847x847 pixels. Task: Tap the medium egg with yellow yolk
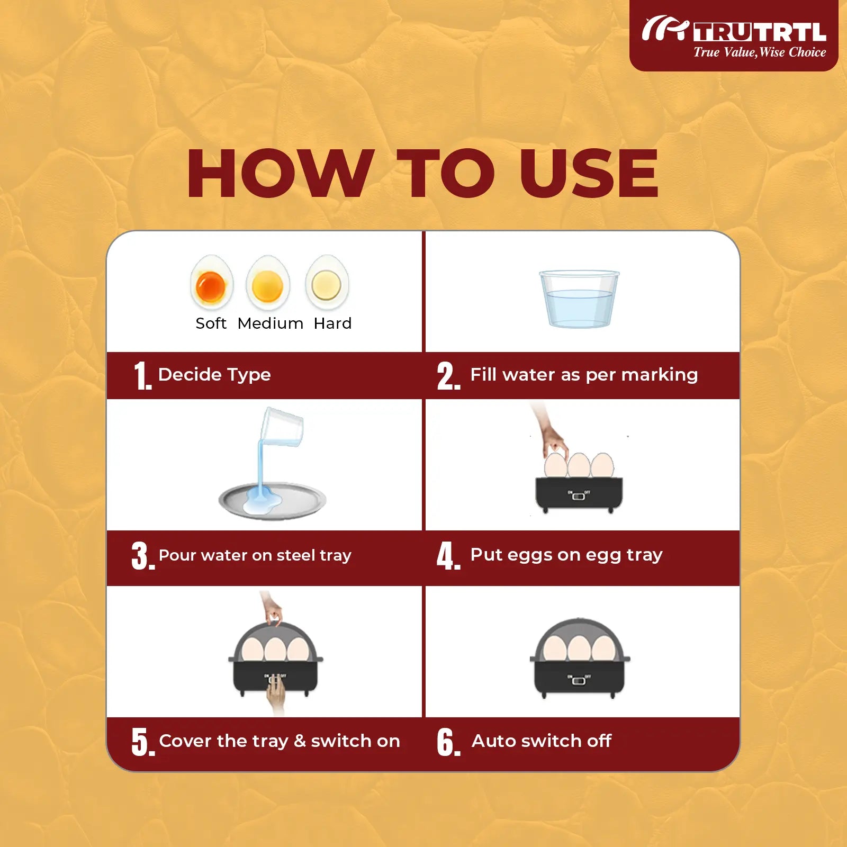point(268,283)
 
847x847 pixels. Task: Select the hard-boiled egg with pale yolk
point(327,283)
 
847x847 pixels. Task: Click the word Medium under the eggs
point(271,323)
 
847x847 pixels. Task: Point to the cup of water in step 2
point(579,299)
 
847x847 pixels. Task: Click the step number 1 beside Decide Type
point(142,376)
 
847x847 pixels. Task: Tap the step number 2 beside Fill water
point(448,376)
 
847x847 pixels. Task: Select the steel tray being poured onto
point(272,500)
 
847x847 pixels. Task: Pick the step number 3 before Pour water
point(143,556)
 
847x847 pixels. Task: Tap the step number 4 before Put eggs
point(448,556)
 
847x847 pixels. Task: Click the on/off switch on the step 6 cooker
point(579,680)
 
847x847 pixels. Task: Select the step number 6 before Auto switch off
point(448,742)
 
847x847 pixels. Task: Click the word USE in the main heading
point(589,174)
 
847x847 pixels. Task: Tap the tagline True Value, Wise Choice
point(760,52)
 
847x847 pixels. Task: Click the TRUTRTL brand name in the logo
point(760,32)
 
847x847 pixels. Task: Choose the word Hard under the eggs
point(332,323)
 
